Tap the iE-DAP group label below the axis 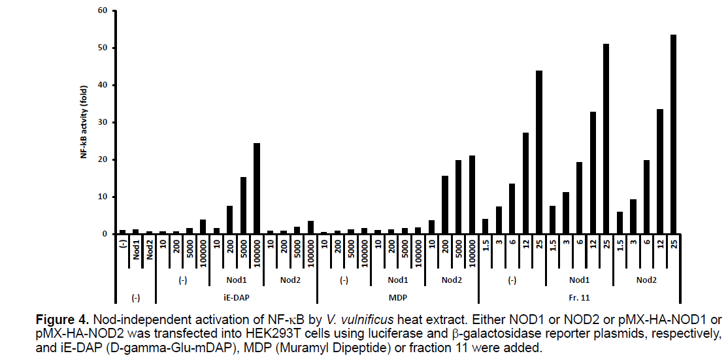point(236,298)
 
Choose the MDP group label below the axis point(397,298)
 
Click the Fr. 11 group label point(580,298)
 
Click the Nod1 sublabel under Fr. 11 point(580,280)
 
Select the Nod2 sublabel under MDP point(451,280)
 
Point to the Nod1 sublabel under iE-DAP point(236,280)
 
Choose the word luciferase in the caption point(417,335)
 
